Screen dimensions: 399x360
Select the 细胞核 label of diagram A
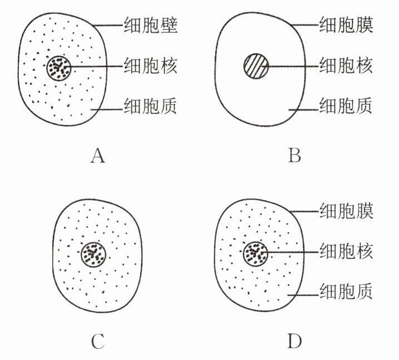(149, 66)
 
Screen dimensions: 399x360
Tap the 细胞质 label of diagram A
(149, 106)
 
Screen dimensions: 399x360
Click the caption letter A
(98, 157)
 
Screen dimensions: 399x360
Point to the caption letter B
(295, 157)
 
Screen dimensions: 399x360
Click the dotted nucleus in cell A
(58, 67)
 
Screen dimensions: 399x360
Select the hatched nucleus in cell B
(255, 67)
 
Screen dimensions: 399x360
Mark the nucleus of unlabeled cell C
(93, 254)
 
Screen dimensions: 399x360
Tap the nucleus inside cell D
(255, 253)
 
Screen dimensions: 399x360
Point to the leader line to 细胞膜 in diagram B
(303, 25)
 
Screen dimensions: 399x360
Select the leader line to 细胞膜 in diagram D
(303, 211)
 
